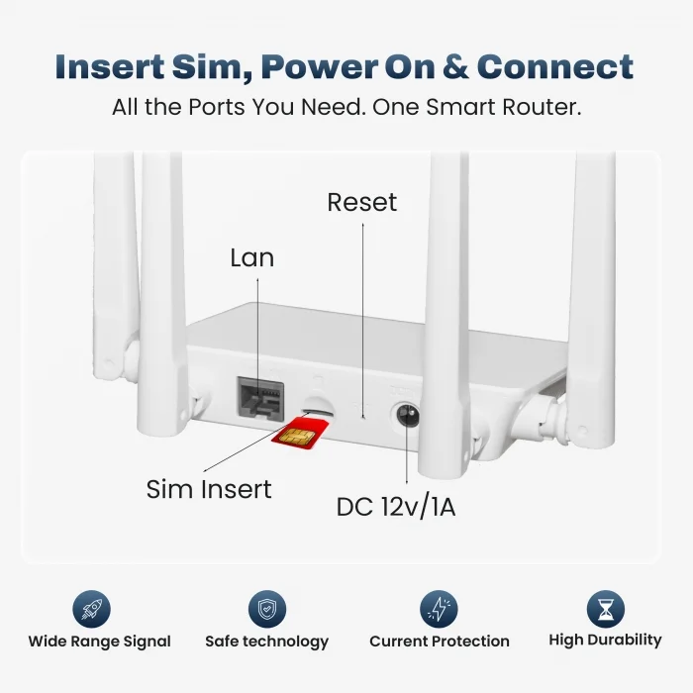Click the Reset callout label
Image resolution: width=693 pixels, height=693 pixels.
(x=362, y=203)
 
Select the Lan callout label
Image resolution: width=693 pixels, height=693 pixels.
(x=252, y=258)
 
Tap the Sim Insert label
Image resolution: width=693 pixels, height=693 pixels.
(x=209, y=488)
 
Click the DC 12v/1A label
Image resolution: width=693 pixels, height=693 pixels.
(x=396, y=508)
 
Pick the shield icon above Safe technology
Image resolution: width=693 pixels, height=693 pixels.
(x=266, y=609)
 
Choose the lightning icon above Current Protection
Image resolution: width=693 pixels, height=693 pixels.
(x=439, y=609)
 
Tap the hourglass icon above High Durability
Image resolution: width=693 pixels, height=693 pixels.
(x=604, y=609)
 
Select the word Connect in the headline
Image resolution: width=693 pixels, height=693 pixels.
(x=555, y=67)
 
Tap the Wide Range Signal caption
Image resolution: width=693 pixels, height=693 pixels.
(x=99, y=642)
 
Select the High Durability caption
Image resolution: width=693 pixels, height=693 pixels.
(x=605, y=641)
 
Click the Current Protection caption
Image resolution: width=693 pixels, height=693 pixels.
(x=440, y=642)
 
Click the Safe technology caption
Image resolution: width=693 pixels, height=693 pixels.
(x=266, y=642)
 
